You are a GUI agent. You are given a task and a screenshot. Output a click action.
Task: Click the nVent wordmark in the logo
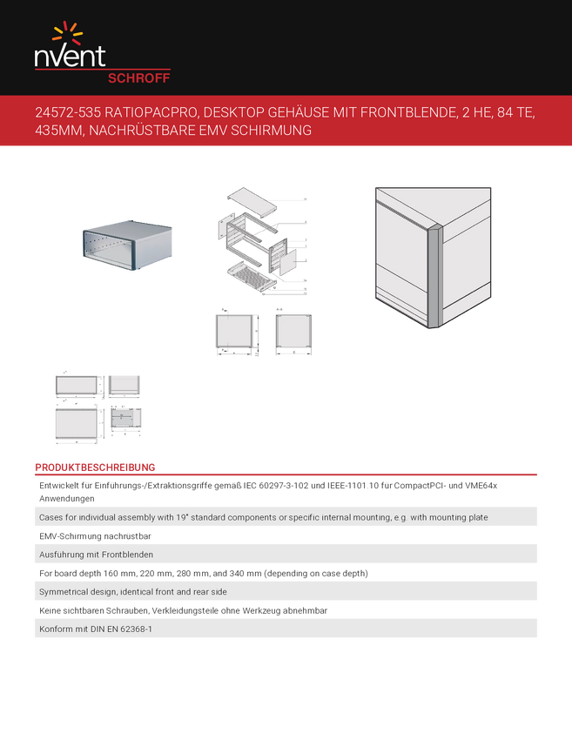click(70, 57)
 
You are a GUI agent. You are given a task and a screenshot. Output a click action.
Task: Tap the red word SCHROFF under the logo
click(138, 77)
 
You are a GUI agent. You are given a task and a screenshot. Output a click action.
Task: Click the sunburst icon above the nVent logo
click(68, 33)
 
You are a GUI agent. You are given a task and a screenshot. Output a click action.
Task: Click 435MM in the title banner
click(59, 131)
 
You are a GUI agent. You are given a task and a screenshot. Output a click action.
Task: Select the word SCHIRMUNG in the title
click(273, 131)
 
